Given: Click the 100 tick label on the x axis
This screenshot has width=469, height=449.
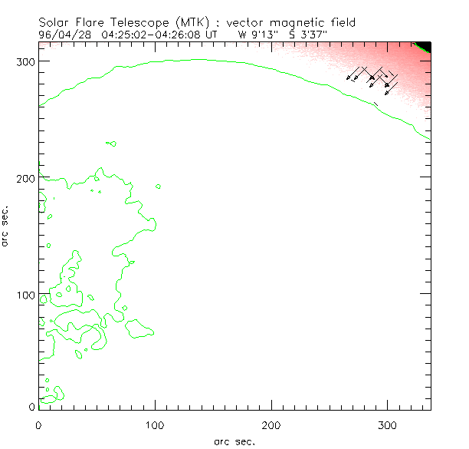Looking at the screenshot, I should tap(156, 423).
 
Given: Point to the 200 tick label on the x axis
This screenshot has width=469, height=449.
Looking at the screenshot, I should tap(271, 423).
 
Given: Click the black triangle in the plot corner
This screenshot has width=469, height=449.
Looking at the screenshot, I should tap(425, 45).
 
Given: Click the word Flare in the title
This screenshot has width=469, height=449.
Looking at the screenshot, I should tap(93, 22).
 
